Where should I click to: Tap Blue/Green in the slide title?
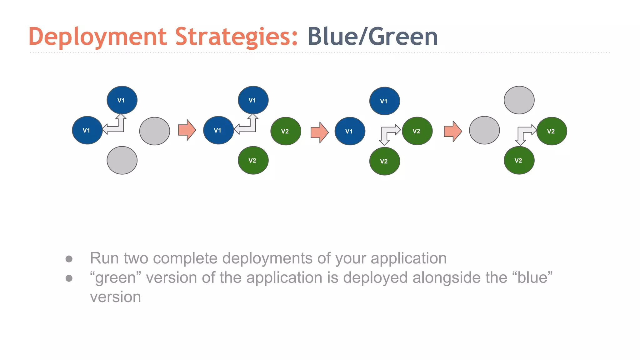click(x=372, y=37)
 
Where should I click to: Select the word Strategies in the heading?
click(x=236, y=37)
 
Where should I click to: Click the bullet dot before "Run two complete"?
click(x=69, y=259)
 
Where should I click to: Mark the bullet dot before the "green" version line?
click(x=69, y=278)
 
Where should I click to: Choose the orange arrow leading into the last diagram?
click(x=452, y=131)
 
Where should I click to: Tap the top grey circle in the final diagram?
click(x=519, y=100)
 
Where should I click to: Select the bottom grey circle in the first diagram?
click(x=122, y=160)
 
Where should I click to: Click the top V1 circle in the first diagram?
click(x=122, y=100)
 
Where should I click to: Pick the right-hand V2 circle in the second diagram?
click(x=286, y=131)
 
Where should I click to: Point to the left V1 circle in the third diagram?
click(x=350, y=131)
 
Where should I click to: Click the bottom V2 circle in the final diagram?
click(x=519, y=160)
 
